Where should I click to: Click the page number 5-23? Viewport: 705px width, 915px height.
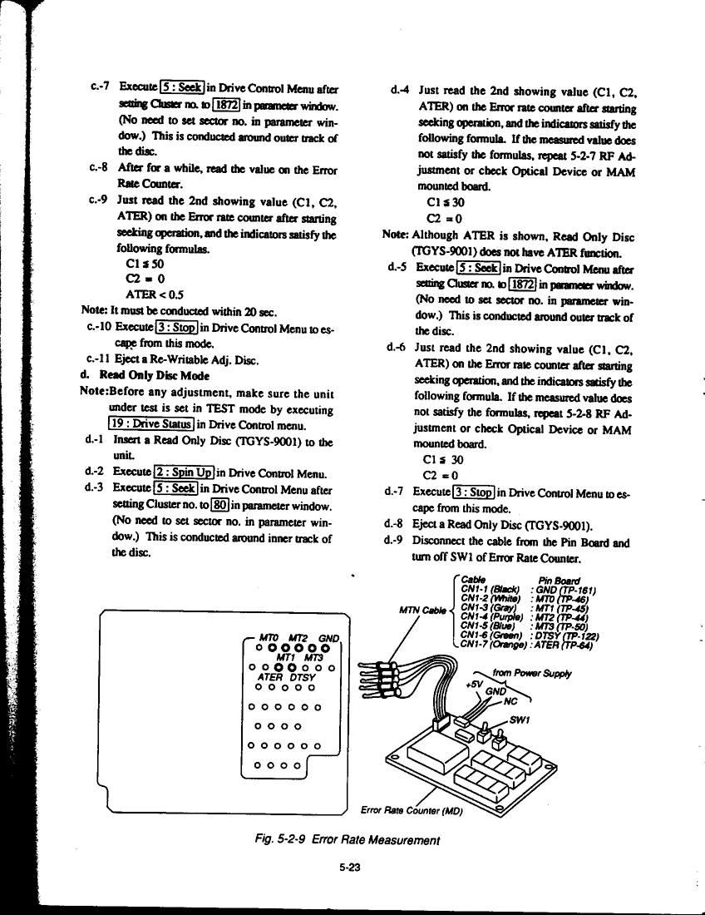[x=348, y=867]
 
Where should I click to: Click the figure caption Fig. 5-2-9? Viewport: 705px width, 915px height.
[x=348, y=840]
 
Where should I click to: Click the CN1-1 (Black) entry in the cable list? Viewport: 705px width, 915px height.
[x=491, y=591]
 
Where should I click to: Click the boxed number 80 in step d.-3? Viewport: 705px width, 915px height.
[x=221, y=504]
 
